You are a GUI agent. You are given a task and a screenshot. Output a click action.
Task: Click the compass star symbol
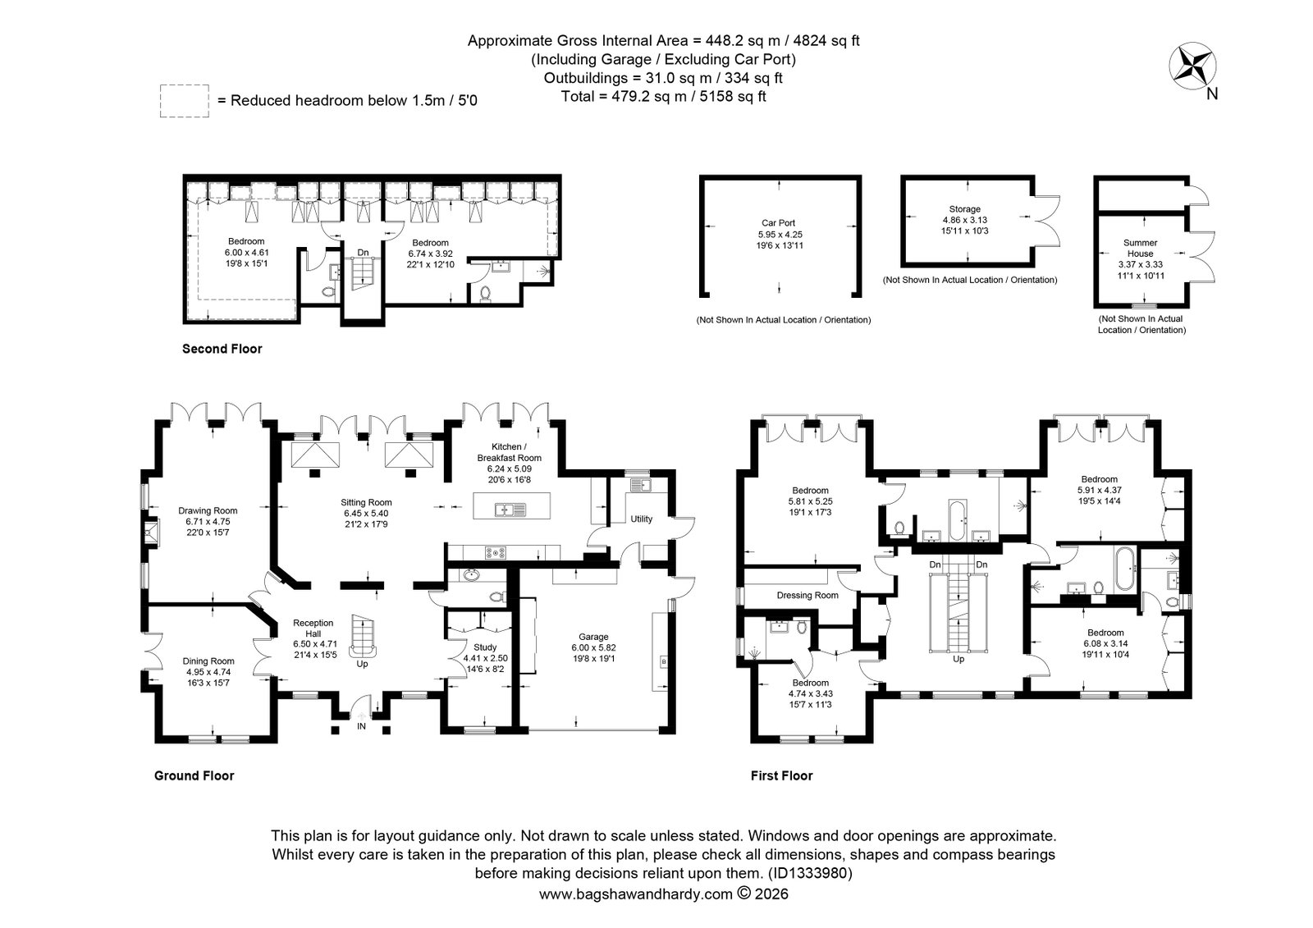(1192, 66)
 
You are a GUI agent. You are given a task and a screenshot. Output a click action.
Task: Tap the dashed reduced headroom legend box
(184, 101)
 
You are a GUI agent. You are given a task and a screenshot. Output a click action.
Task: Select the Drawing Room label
(208, 510)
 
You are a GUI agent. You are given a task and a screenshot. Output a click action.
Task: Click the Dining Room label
(208, 661)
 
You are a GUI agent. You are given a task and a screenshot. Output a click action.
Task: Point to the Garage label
(593, 637)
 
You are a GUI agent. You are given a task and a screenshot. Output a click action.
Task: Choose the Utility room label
(641, 519)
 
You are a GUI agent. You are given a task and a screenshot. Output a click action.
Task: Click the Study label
(485, 647)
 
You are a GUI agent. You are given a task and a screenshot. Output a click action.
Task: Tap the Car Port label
(779, 222)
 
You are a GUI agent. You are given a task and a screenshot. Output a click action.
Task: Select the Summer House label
(1140, 248)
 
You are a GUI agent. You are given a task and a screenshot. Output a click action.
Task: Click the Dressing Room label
(807, 595)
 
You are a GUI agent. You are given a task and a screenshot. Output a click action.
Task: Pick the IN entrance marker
(362, 726)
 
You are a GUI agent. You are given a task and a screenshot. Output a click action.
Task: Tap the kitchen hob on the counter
(496, 552)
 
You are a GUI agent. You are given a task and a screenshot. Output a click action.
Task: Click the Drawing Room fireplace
(152, 533)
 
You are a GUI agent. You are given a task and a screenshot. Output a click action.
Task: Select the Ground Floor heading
(194, 775)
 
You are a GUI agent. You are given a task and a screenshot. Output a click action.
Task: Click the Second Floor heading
(222, 349)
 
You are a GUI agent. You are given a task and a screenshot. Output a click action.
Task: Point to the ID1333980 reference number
(810, 873)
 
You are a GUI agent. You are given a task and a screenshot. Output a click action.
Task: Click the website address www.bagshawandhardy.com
(636, 894)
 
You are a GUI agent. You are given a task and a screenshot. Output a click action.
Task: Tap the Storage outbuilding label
(965, 208)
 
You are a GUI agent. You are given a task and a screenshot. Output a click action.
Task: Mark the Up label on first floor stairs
(958, 659)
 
